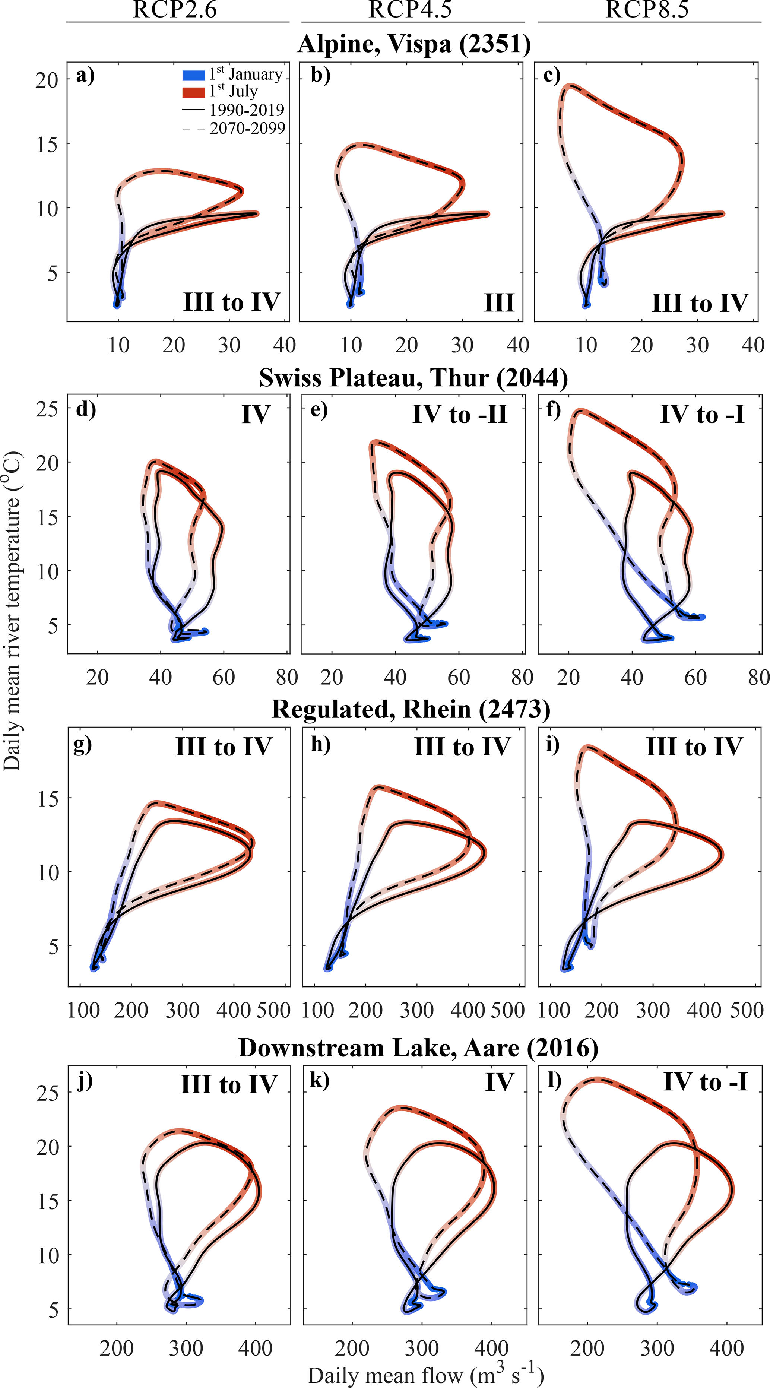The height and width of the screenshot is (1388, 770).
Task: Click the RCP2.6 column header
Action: tap(175, 10)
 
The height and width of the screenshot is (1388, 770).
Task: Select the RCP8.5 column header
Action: tap(647, 10)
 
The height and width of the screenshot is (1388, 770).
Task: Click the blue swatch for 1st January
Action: tap(193, 75)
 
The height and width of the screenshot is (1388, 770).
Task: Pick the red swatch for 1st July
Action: tap(193, 92)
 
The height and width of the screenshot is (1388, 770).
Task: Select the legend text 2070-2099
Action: tap(247, 128)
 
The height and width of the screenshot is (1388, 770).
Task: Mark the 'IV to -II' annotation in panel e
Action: tap(460, 414)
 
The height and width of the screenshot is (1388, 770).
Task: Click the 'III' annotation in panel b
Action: tap(499, 303)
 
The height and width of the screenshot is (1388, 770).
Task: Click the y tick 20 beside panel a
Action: tap(47, 80)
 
